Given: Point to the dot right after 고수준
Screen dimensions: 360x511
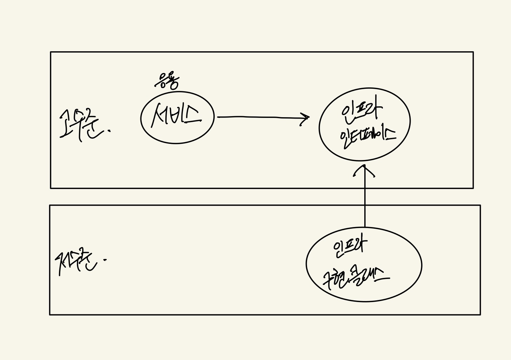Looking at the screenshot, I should [x=110, y=131].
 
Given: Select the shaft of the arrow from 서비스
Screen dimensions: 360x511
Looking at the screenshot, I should [x=260, y=117].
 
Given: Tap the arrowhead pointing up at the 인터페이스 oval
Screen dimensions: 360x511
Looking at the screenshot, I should [x=364, y=171].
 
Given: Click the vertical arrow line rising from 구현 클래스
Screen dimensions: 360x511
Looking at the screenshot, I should [x=365, y=204].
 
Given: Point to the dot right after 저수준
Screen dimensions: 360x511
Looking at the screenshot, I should [x=105, y=260].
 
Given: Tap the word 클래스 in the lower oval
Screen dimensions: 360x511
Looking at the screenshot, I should [x=372, y=275].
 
